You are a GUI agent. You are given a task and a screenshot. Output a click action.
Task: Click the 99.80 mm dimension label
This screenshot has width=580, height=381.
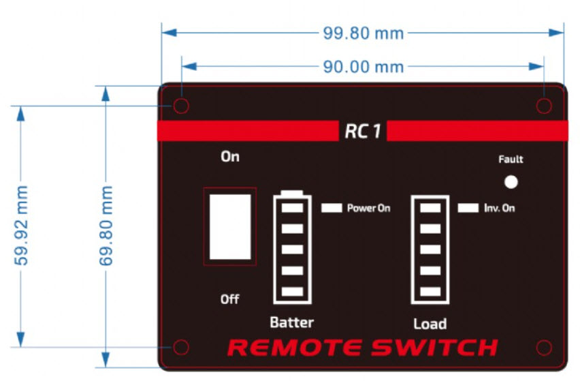click(x=364, y=33)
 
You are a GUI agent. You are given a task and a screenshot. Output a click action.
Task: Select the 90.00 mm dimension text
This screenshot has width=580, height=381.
click(x=364, y=67)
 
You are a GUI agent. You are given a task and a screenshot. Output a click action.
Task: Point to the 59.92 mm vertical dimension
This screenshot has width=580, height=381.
click(x=21, y=226)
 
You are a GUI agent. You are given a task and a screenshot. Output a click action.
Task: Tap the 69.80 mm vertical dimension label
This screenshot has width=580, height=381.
click(x=106, y=226)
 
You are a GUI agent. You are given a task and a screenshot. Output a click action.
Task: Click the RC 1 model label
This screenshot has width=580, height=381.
click(x=362, y=131)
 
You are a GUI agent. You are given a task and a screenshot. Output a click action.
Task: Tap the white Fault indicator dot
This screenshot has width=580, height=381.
click(x=511, y=182)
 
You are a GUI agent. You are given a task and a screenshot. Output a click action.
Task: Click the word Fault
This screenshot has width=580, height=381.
click(x=511, y=159)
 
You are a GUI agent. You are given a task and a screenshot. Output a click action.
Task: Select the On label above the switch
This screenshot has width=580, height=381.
click(x=230, y=157)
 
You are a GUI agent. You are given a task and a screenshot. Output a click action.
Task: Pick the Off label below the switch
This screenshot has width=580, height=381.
click(x=229, y=299)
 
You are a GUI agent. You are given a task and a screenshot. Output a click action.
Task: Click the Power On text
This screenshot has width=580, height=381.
click(x=368, y=208)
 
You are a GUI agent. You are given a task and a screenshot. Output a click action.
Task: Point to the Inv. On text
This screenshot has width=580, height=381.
click(x=500, y=208)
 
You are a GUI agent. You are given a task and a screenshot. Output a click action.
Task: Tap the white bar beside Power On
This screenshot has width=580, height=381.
click(x=332, y=208)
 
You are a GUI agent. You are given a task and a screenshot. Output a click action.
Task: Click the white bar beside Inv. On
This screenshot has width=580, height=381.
click(x=468, y=208)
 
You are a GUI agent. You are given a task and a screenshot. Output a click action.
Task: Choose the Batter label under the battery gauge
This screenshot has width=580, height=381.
click(x=292, y=322)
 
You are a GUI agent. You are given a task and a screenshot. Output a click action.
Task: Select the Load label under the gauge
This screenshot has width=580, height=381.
click(x=430, y=324)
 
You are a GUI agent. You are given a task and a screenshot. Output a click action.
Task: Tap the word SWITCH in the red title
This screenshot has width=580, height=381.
click(x=434, y=348)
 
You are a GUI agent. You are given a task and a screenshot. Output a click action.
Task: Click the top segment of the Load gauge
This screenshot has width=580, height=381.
click(x=430, y=208)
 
